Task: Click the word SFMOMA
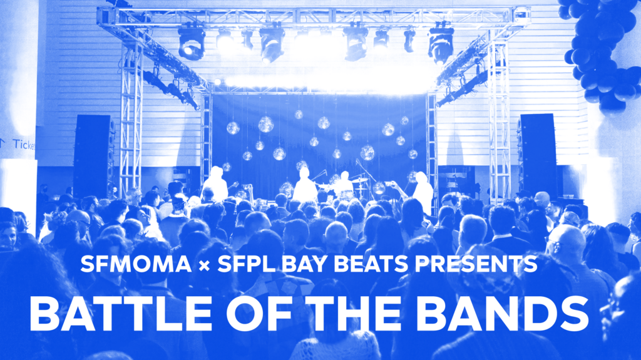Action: pos(136,264)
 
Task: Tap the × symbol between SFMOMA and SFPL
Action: pos(204,265)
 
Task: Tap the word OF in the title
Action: pos(259,314)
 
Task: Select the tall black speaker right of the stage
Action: pos(538,155)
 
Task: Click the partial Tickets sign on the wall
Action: pos(18,144)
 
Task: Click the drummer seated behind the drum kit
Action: pos(344,184)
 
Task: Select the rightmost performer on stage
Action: pos(423,192)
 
